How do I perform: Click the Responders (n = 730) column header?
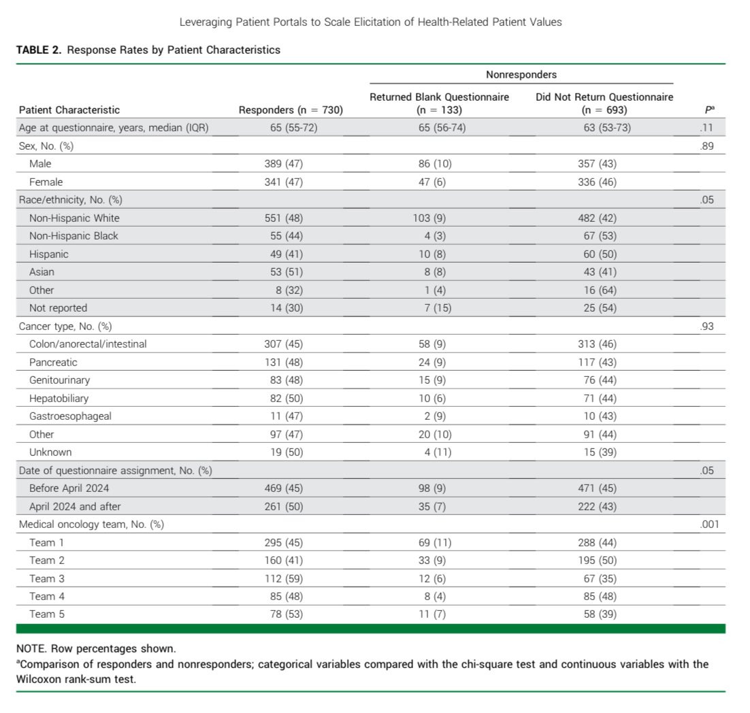(291, 110)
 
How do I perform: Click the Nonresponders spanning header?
(521, 75)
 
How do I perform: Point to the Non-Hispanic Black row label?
(74, 236)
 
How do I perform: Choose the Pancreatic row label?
(53, 362)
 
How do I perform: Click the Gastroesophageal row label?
(70, 416)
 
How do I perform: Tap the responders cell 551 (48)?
(284, 218)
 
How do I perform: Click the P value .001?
(708, 525)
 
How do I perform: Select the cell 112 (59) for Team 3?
(284, 578)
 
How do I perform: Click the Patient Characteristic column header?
(69, 110)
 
